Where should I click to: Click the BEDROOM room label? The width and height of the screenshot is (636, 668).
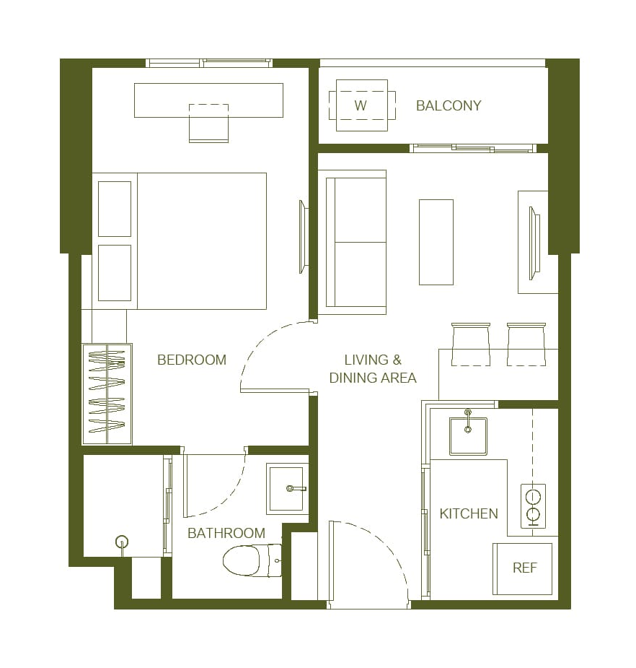coord(191,360)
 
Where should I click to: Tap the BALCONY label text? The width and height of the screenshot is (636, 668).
coord(449,105)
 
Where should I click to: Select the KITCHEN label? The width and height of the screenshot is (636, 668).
coord(469,513)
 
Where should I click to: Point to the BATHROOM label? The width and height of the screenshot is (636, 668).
coord(226,534)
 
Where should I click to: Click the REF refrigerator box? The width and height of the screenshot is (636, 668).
coord(522,569)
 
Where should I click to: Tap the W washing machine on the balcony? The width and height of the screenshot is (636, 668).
coord(362,105)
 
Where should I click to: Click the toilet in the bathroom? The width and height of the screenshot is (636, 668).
coord(252,560)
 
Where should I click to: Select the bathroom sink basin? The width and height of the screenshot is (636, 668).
coord(285,489)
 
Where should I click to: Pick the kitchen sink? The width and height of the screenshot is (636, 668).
coord(468,435)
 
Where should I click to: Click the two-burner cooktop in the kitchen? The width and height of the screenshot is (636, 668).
coord(533,506)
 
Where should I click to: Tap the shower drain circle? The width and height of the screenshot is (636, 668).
coord(122,542)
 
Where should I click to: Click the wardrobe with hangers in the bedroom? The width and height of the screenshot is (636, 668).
coord(107,394)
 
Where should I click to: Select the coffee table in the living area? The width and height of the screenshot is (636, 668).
coord(436,242)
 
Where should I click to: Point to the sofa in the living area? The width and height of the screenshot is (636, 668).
coord(352,242)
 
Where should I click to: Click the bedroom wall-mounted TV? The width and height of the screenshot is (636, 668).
coord(303,237)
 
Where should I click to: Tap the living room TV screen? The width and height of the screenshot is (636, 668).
coord(534,243)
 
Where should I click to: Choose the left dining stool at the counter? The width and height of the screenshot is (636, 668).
coord(471,344)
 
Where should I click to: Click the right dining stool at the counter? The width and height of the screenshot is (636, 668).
coord(526,344)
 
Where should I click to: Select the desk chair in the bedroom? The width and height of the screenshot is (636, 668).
coord(208,123)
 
